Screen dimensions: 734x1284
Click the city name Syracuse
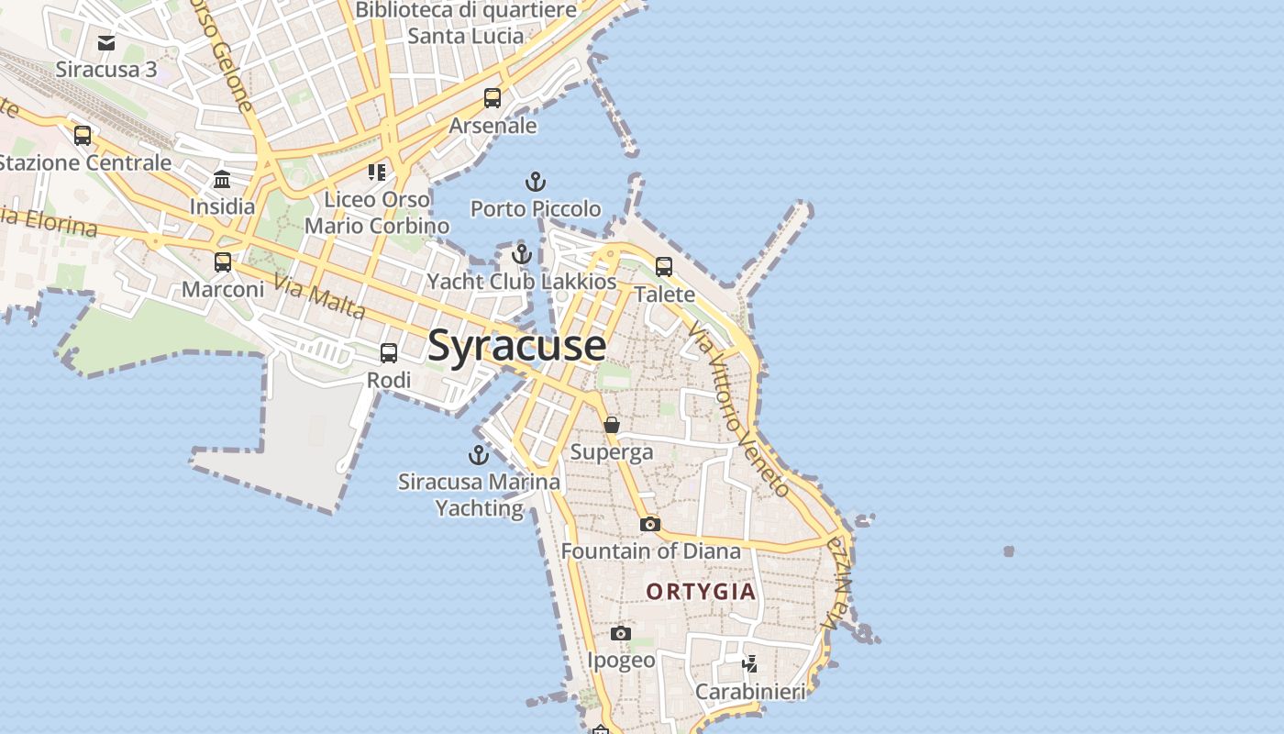tap(516, 346)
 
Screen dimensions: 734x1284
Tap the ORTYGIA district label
tap(702, 592)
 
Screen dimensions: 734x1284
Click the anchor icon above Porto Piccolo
tap(536, 182)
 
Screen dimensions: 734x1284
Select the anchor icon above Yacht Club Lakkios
tap(522, 254)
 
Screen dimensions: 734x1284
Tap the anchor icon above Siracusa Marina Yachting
tap(479, 454)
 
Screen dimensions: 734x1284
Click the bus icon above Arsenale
tap(493, 98)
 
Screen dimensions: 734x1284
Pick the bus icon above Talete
tap(664, 267)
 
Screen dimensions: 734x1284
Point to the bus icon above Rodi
tap(389, 353)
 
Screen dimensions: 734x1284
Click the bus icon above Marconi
tap(223, 262)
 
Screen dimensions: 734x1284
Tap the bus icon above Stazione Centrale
tap(83, 136)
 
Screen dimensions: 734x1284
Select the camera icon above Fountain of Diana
tap(650, 524)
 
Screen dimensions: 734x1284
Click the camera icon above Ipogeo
tap(621, 633)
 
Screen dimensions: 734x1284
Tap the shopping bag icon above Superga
tap(612, 425)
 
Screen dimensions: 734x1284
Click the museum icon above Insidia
tap(222, 179)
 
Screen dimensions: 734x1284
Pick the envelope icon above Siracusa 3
tap(106, 42)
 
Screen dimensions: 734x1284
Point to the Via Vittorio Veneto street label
tap(738, 412)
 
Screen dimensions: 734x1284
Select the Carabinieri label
tap(750, 692)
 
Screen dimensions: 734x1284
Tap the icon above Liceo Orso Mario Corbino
tap(377, 172)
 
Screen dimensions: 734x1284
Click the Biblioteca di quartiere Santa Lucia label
tap(466, 23)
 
